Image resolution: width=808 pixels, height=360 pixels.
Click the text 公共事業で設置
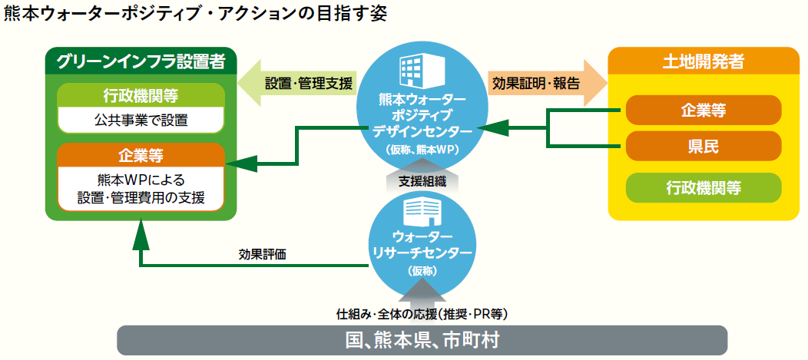[x=141, y=120]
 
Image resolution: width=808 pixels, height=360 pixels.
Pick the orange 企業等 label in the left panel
[x=141, y=154]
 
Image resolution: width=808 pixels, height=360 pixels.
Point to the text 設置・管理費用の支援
[x=141, y=198]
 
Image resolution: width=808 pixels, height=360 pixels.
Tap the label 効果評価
[x=262, y=254]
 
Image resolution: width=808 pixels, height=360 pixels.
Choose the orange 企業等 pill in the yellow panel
[x=703, y=110]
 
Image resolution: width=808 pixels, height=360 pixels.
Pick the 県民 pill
[x=703, y=146]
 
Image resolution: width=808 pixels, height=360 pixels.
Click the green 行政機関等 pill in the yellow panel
[x=703, y=187]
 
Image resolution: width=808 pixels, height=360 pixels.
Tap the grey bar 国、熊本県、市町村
[x=422, y=340]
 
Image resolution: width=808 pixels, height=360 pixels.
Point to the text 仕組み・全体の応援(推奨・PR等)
[x=422, y=314]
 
